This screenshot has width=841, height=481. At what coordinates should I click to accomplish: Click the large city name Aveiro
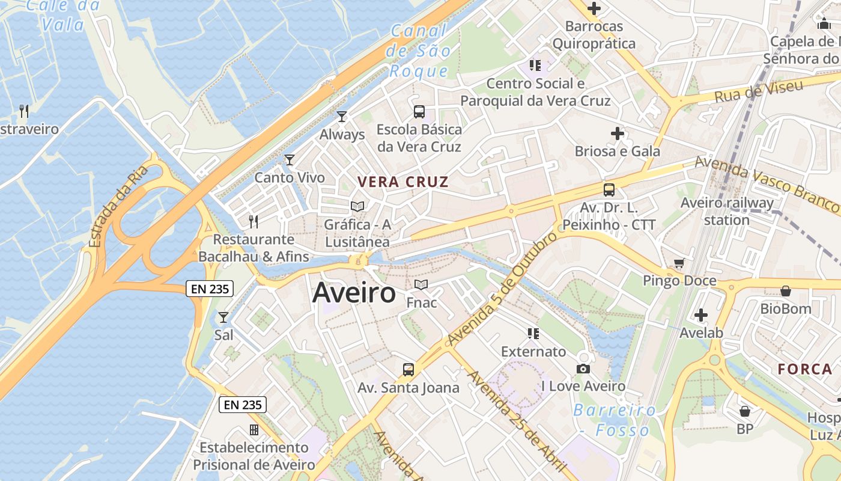354,293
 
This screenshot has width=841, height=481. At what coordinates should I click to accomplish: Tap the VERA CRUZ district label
403,182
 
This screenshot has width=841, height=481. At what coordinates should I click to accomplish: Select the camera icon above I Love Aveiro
583,369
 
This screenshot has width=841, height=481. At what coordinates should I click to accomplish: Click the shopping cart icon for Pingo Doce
679,263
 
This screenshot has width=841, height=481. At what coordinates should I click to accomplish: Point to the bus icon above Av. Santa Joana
408,370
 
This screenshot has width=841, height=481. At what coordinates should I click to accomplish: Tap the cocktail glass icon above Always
342,117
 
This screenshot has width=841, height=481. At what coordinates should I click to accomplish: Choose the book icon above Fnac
421,284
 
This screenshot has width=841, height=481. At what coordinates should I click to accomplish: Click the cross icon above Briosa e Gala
617,133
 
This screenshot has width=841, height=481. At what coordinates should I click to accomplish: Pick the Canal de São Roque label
419,51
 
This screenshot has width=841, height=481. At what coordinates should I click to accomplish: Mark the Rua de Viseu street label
759,91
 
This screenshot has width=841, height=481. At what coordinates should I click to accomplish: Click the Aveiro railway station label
727,211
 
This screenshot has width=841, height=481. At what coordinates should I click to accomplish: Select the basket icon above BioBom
785,291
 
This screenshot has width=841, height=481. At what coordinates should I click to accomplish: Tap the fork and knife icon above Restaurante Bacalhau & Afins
254,222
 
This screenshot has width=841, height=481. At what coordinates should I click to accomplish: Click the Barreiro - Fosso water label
615,420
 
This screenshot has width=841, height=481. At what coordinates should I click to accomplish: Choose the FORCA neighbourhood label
805,369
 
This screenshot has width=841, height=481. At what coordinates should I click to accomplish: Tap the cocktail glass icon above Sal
223,317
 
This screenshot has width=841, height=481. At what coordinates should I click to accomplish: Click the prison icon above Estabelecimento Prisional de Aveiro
254,430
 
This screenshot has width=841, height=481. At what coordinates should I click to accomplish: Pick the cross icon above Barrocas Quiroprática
594,8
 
